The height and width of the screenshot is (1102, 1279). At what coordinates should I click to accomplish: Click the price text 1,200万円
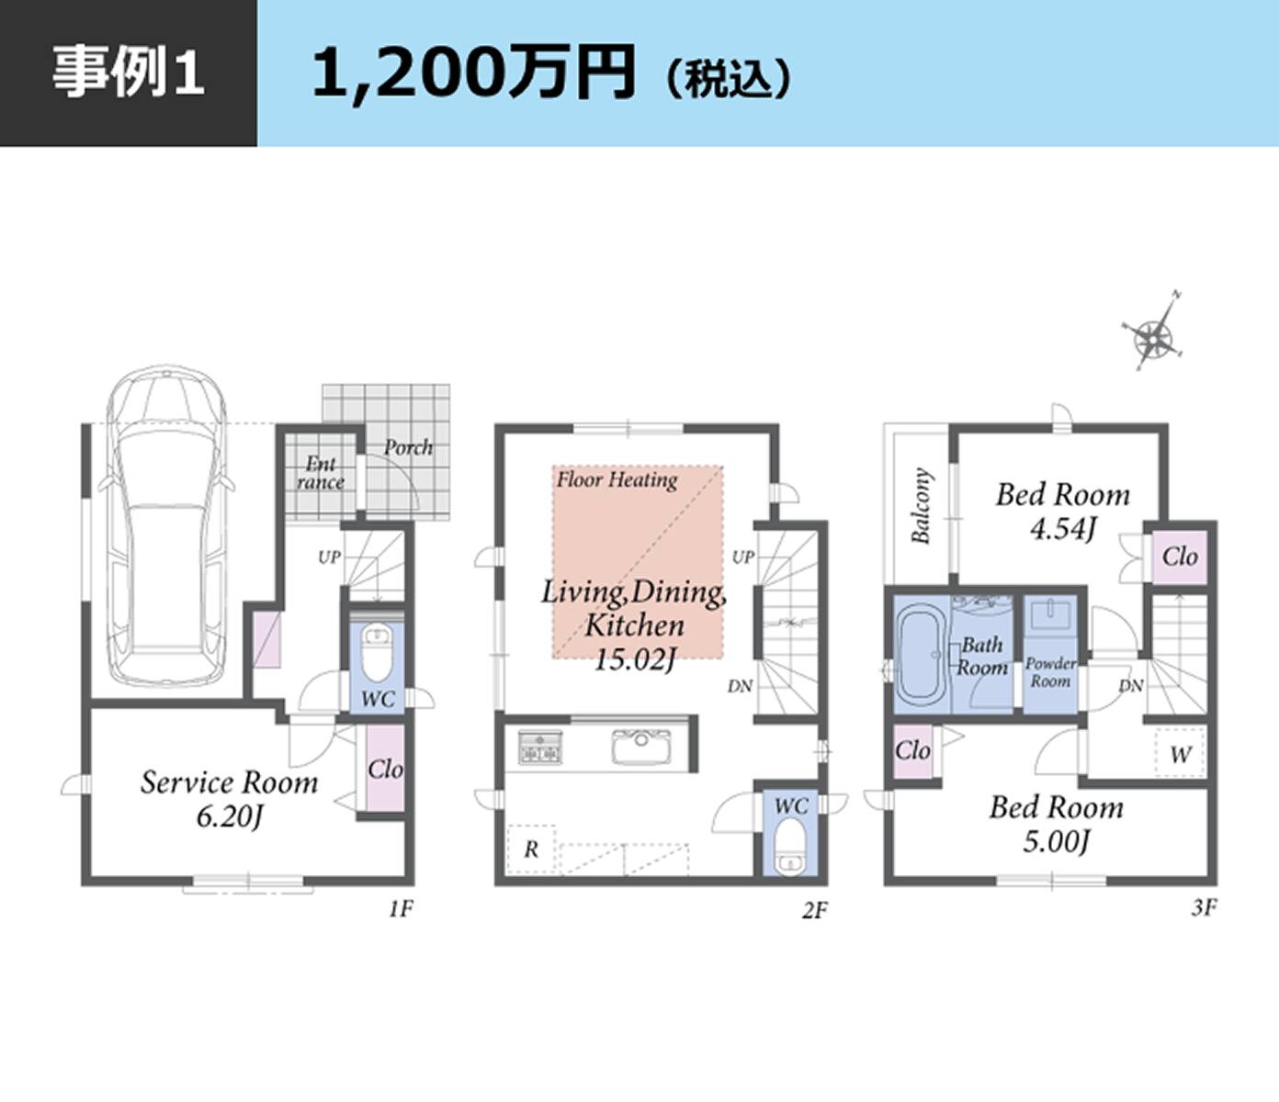pyautogui.click(x=473, y=73)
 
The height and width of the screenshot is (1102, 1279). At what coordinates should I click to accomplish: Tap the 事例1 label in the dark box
pyautogui.click(x=128, y=73)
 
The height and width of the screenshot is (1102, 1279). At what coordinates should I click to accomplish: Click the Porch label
pyautogui.click(x=408, y=447)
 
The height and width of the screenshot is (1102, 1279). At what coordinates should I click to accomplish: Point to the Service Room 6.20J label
pyautogui.click(x=229, y=798)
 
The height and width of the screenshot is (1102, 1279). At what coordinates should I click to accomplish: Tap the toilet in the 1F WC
pyautogui.click(x=377, y=651)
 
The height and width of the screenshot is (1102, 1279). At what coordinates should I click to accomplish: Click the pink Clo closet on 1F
pyautogui.click(x=385, y=769)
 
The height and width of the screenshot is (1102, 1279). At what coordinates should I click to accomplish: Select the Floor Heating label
pyautogui.click(x=617, y=479)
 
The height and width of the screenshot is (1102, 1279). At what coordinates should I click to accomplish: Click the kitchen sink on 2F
pyautogui.click(x=641, y=747)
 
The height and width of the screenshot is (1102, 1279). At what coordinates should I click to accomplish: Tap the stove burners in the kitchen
pyautogui.click(x=539, y=748)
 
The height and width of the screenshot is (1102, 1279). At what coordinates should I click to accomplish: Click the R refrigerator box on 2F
pyautogui.click(x=531, y=849)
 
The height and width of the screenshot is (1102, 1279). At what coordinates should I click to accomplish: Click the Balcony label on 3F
pyautogui.click(x=922, y=505)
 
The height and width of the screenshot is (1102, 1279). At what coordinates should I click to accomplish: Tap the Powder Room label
pyautogui.click(x=1050, y=672)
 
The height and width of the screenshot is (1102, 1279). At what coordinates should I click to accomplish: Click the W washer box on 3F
pyautogui.click(x=1180, y=755)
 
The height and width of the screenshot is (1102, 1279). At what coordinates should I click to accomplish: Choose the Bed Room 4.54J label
pyautogui.click(x=1062, y=511)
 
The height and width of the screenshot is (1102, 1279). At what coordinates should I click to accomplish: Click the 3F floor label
pyautogui.click(x=1204, y=907)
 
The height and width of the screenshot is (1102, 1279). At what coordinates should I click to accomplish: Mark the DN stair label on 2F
pyautogui.click(x=740, y=686)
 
